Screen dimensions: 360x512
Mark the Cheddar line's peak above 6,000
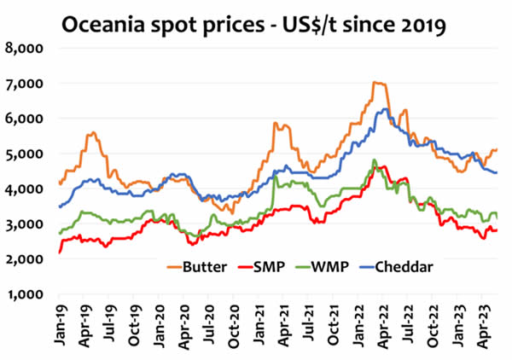coord(387,109)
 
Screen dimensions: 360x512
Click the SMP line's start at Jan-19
coord(59,253)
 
